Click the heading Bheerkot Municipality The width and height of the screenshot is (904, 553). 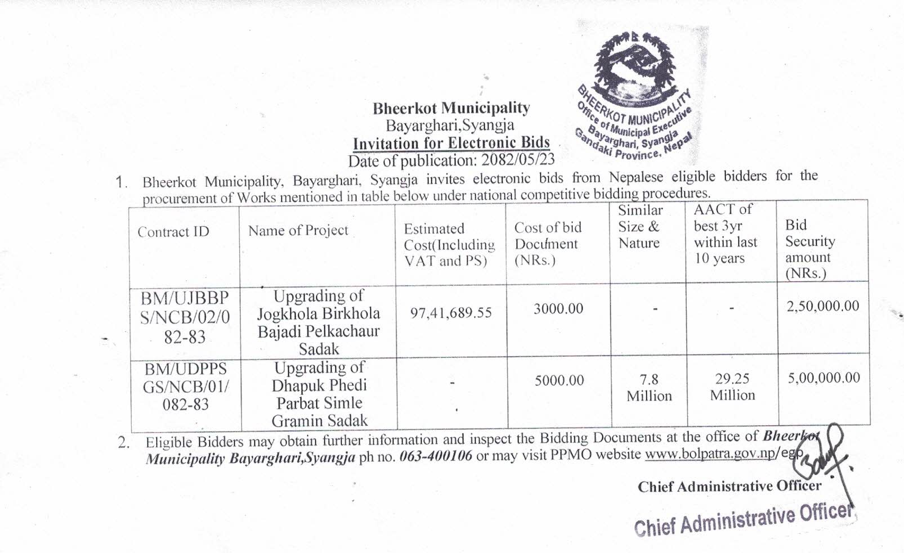[451, 107]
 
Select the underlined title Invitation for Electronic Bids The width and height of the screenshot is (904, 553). [451, 143]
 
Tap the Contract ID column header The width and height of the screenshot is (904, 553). [173, 232]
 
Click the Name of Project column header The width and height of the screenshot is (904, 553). [298, 230]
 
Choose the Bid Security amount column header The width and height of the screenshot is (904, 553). [810, 249]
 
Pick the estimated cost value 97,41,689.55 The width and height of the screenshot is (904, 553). [451, 313]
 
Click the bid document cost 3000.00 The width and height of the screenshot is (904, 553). [558, 308]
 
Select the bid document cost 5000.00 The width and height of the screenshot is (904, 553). [559, 380]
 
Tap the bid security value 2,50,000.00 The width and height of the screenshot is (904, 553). [822, 306]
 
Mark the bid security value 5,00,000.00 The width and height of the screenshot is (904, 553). [824, 377]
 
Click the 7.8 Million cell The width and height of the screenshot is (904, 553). [649, 388]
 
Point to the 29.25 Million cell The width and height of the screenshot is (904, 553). [732, 387]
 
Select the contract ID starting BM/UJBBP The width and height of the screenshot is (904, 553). [185, 317]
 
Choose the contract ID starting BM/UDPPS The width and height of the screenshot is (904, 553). [185, 386]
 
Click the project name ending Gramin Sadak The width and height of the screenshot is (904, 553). [319, 394]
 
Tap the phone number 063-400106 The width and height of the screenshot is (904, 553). [436, 456]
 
